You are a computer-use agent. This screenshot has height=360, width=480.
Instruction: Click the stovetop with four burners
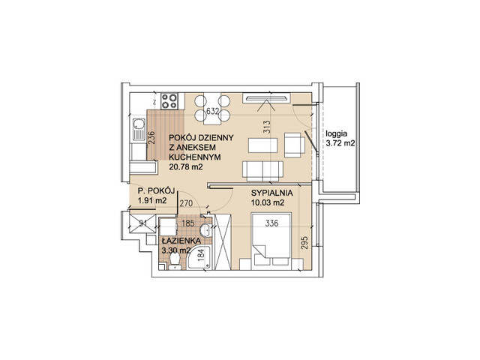[x=169, y=100]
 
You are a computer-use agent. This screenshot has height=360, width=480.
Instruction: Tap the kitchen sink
[x=139, y=130]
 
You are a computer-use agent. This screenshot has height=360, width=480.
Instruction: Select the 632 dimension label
[x=212, y=111]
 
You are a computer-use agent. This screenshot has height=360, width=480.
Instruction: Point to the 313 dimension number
[x=267, y=127]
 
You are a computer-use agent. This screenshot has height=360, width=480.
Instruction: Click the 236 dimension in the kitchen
[x=151, y=138]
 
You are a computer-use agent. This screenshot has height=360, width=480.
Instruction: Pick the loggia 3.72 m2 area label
[x=340, y=138]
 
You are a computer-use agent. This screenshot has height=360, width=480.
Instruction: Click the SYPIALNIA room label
[x=271, y=193]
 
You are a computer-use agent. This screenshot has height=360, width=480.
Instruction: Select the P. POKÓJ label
[x=156, y=191]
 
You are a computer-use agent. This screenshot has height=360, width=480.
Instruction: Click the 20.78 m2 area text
[x=186, y=166]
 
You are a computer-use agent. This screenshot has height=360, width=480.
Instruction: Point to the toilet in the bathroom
[x=175, y=262]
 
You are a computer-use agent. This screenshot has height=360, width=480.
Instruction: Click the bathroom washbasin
[x=205, y=230]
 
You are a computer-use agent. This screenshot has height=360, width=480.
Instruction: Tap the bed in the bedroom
[x=271, y=241]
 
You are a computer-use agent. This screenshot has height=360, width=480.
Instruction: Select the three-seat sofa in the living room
[x=262, y=171]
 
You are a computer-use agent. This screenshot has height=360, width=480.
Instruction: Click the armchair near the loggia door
[x=295, y=145]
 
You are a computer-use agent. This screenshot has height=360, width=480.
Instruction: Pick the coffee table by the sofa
[x=263, y=145]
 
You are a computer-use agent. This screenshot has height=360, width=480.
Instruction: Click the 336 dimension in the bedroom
[x=271, y=223]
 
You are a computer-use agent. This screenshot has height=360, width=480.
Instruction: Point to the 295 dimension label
[x=304, y=242]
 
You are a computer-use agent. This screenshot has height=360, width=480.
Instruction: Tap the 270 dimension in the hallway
[x=186, y=203]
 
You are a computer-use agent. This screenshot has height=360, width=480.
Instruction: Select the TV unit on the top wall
[x=266, y=98]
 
